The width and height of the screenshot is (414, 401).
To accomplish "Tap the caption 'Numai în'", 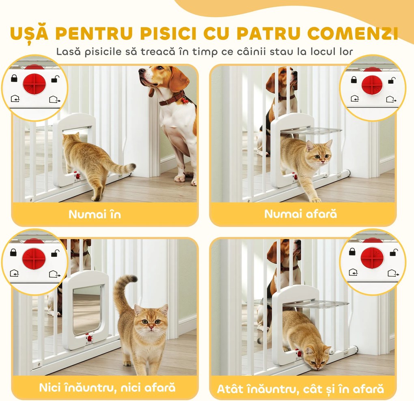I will click(95, 214).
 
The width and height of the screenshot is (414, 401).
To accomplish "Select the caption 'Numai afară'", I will click(300, 214).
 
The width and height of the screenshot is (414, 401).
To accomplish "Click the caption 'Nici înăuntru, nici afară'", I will click(107, 387).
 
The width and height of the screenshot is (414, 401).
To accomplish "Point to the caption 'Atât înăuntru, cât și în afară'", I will click(300, 389).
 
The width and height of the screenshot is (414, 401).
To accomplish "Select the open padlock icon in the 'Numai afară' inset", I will click(392, 80).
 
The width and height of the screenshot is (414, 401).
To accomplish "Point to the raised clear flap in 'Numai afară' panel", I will click(312, 131).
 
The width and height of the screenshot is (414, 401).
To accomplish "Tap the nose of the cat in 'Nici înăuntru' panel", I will click(151, 325).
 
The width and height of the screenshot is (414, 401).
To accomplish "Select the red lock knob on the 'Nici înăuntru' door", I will click(89, 338).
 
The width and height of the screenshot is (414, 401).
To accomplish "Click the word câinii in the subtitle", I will click(259, 52).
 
